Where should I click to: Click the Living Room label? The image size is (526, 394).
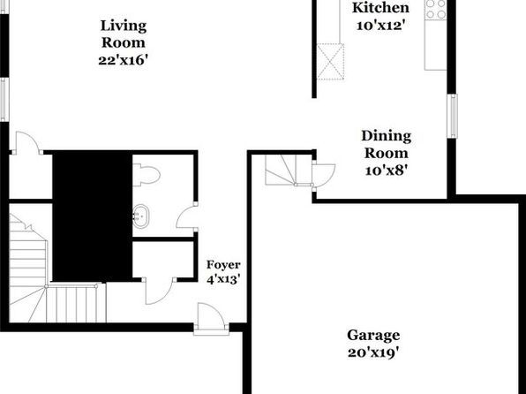click(124, 34)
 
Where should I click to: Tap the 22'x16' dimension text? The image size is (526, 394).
click(123, 60)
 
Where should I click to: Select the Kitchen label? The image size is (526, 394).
click(380, 8)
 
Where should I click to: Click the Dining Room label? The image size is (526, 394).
click(387, 144)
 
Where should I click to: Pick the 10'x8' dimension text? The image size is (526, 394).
click(386, 170)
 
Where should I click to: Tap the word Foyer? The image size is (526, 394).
click(223, 265)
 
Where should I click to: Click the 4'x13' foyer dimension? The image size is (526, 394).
click(223, 279)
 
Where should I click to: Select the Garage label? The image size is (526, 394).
click(373, 335)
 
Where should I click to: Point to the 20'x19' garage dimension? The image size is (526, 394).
click(373, 352)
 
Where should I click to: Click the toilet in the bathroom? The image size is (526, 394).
click(147, 175)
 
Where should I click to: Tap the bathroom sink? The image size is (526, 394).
click(141, 216)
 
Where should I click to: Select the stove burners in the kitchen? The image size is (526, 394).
click(436, 9)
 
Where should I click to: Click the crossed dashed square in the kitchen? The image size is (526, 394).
click(330, 62)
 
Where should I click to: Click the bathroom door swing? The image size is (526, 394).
click(186, 217)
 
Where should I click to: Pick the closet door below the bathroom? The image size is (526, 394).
click(159, 292)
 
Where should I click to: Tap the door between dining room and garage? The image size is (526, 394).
click(323, 175)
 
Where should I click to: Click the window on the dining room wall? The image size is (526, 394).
click(453, 116)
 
